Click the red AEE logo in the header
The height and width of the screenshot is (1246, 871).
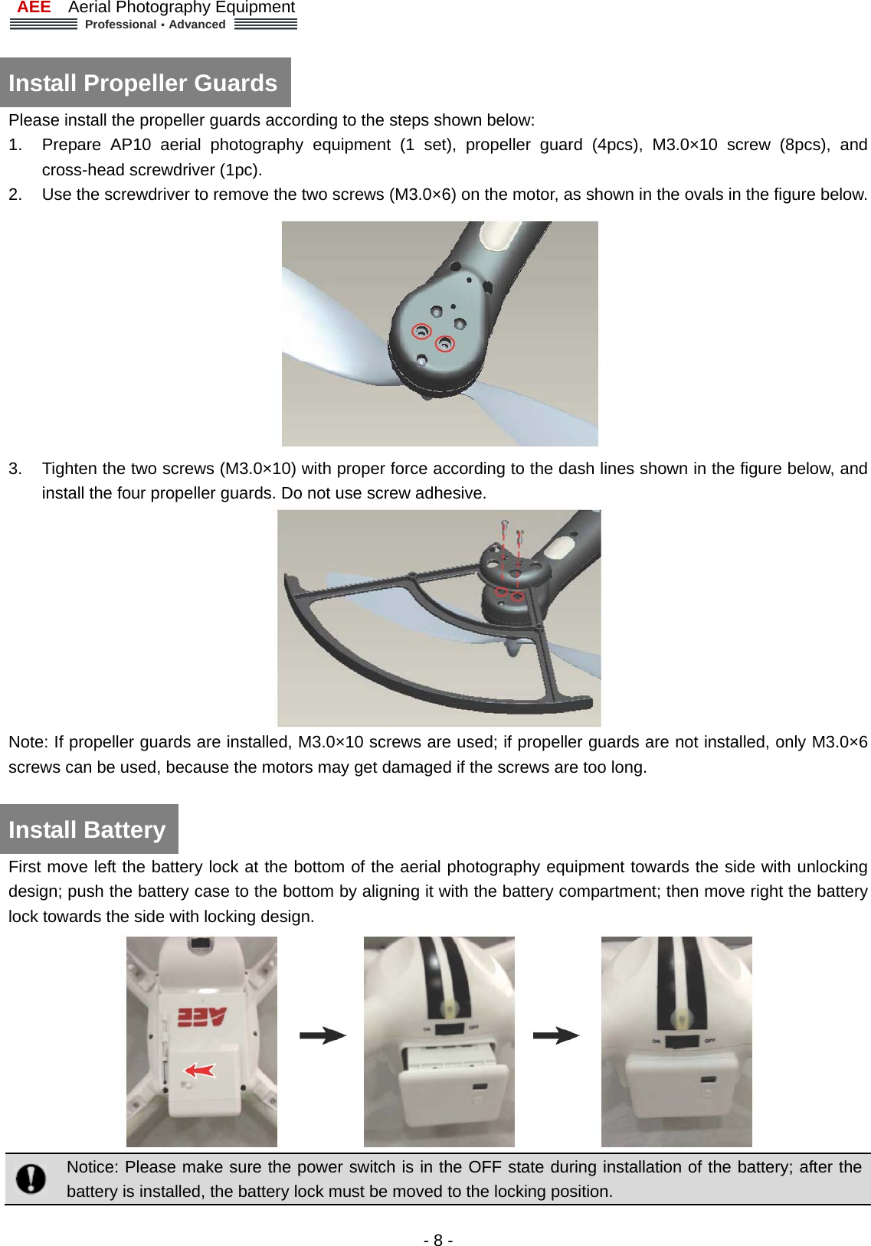click(34, 8)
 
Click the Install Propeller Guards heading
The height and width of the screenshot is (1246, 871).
click(143, 83)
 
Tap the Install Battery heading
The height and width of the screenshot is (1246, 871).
click(87, 829)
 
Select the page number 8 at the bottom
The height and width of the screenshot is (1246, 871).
click(437, 1240)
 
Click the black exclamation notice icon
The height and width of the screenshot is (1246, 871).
click(31, 1179)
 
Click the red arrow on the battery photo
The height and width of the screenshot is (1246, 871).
click(201, 1069)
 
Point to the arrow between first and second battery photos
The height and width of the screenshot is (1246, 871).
click(323, 1035)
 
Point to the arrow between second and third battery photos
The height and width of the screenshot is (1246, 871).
click(556, 1035)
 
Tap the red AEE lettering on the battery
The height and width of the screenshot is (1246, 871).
click(202, 1017)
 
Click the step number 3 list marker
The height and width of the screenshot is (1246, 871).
click(15, 469)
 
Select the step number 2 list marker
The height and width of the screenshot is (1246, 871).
click(15, 195)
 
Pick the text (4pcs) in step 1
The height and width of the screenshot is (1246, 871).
click(617, 145)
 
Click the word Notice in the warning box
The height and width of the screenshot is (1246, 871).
click(92, 1167)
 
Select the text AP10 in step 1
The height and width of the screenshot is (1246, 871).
click(130, 145)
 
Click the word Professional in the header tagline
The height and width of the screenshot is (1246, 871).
click(120, 25)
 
